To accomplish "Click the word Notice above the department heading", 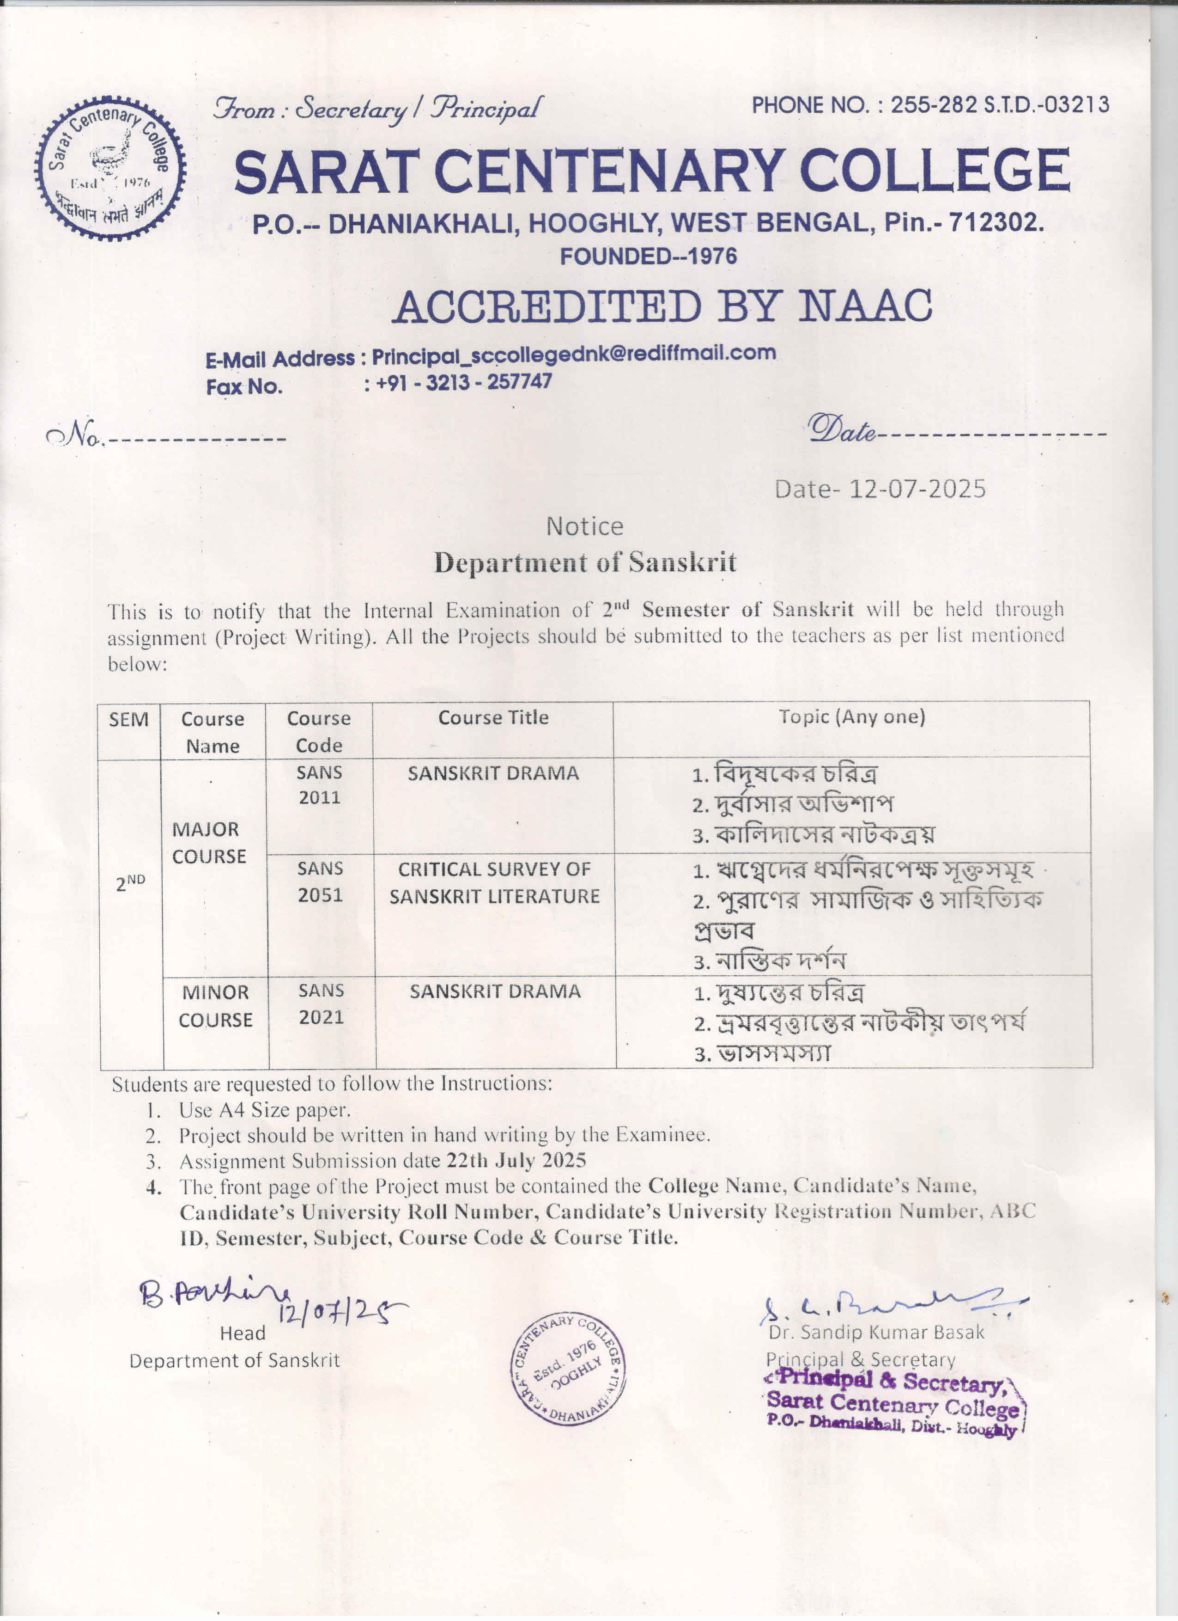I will [584, 527].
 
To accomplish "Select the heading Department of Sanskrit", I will [585, 563].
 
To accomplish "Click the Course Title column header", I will [493, 717].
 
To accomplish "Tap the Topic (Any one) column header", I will [851, 717].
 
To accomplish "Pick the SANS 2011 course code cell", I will [319, 785].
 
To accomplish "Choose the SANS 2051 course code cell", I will [320, 881].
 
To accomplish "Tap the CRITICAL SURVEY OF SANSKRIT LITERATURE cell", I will [494, 883].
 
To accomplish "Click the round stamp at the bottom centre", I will [567, 1368].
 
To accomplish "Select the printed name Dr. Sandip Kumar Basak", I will [876, 1332].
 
